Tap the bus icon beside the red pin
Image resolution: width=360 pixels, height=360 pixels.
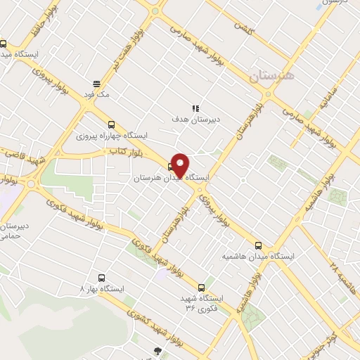tap(171, 167)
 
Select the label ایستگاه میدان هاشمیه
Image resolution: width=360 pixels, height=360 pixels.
tap(258, 256)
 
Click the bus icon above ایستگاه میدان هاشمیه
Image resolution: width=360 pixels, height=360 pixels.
tap(258, 245)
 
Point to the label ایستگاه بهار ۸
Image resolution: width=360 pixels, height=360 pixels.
tap(103, 288)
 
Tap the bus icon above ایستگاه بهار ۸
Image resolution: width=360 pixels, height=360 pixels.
tap(101, 278)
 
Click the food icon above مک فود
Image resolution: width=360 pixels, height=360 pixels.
tap(96, 83)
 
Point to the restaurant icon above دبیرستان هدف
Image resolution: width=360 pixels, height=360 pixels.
tap(196, 108)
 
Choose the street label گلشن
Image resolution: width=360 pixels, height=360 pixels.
tap(242, 27)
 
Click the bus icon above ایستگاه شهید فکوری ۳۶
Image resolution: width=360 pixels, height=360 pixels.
tap(202, 288)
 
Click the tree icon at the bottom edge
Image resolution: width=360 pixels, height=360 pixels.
tap(157, 351)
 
